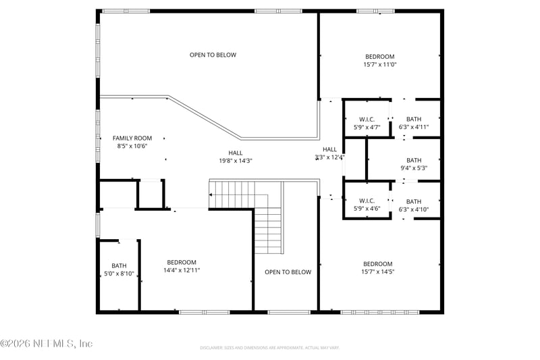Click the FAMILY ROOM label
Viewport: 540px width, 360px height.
[132, 138]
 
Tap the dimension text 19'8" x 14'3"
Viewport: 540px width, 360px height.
[235, 161]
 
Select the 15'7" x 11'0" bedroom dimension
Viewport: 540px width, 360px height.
[380, 65]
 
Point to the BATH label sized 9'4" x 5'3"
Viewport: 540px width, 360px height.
[413, 160]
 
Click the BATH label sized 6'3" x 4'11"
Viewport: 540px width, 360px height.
[414, 119]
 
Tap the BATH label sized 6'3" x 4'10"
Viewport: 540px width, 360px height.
[414, 201]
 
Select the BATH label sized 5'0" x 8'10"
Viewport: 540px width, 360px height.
[119, 265]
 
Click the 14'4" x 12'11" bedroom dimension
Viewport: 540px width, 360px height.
[182, 270]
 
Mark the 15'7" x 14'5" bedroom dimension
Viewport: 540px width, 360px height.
[377, 272]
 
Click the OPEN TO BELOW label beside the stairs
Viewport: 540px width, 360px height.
[288, 272]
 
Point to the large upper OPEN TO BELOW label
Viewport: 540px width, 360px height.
[213, 55]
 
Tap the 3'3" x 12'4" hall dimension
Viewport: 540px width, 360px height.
[329, 157]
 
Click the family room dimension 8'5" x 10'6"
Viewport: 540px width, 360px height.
[132, 146]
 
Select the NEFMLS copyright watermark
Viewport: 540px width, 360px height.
[47, 344]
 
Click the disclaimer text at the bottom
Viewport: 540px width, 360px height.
[269, 348]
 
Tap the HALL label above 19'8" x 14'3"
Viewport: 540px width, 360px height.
[235, 153]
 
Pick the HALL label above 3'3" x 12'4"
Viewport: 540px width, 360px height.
[329, 149]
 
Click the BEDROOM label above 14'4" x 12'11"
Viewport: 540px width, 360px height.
[182, 262]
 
